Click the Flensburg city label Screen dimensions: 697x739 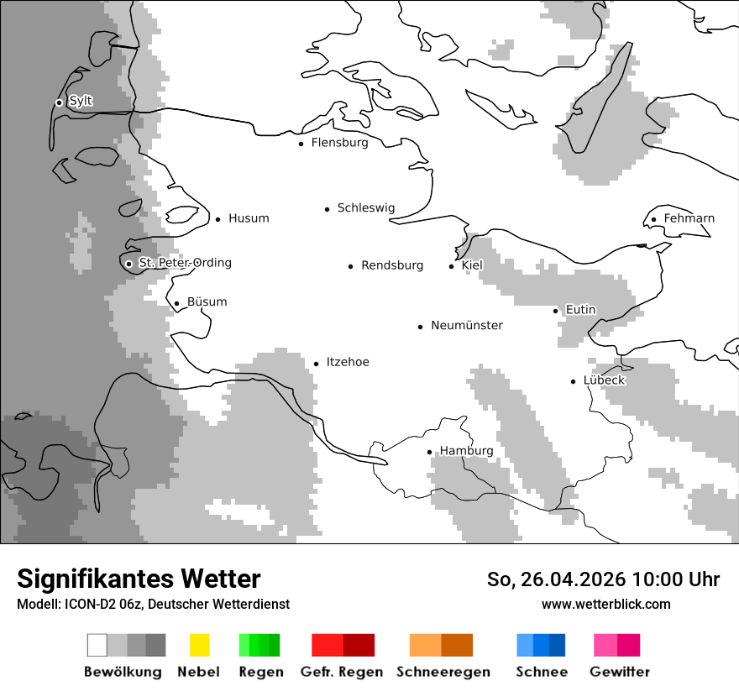tap(339, 143)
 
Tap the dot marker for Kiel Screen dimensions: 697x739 tap(452, 266)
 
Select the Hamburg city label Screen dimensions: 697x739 tap(466, 451)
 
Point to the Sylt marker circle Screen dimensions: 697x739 tap(59, 102)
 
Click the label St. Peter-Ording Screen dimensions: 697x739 tap(185, 263)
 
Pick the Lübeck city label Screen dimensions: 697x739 tap(604, 380)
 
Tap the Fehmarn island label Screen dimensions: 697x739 tap(689, 218)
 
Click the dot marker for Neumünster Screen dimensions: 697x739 tap(421, 327)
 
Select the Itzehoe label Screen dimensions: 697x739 tap(348, 362)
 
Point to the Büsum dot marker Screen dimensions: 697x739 tap(176, 304)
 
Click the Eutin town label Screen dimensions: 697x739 tap(580, 310)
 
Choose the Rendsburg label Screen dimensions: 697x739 tap(392, 265)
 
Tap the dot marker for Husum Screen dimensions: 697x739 tap(218, 219)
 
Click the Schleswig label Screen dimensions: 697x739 tap(365, 208)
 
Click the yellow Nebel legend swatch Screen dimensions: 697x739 tap(199, 645)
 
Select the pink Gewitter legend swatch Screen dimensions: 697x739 tap(617, 645)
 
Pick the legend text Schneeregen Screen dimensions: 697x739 tap(443, 672)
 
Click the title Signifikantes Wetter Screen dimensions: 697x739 tap(139, 579)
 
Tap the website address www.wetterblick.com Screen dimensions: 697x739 tap(605, 604)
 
